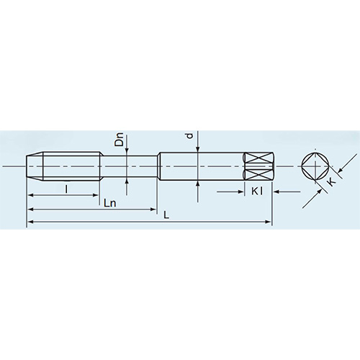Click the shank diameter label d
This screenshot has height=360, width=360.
(x=189, y=136)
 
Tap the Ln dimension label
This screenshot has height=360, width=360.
(x=110, y=204)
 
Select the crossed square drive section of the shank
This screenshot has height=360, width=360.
(x=258, y=167)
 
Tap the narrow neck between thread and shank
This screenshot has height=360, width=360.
(x=128, y=167)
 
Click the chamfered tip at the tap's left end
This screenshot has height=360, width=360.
(x=32, y=167)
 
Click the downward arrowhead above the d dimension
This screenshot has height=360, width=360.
(x=198, y=148)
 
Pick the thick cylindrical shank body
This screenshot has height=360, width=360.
(x=202, y=167)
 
